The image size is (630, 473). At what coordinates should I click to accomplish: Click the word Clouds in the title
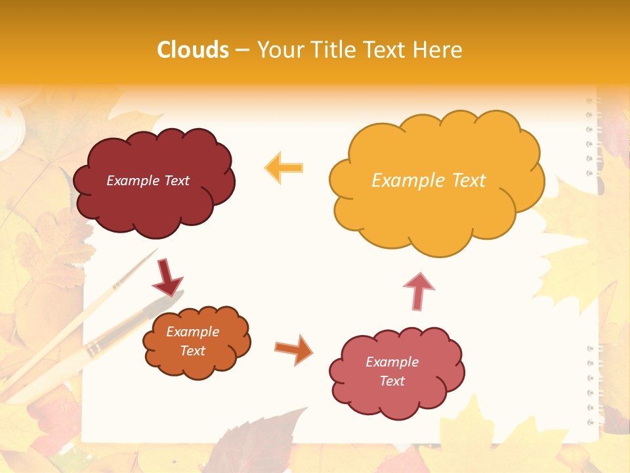click(193, 50)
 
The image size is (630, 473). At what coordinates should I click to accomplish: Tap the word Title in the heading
click(331, 50)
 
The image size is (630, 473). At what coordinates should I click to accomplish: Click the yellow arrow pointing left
click(283, 168)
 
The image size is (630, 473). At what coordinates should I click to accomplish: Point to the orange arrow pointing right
click(294, 349)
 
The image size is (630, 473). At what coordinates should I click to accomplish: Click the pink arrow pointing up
click(418, 291)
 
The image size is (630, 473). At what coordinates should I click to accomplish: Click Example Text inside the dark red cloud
click(148, 181)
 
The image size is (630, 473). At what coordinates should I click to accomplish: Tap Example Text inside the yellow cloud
click(429, 181)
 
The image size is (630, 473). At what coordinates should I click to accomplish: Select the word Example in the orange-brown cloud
click(192, 332)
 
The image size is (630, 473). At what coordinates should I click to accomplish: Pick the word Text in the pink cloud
click(392, 381)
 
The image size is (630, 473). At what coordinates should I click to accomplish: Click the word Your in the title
click(278, 50)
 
